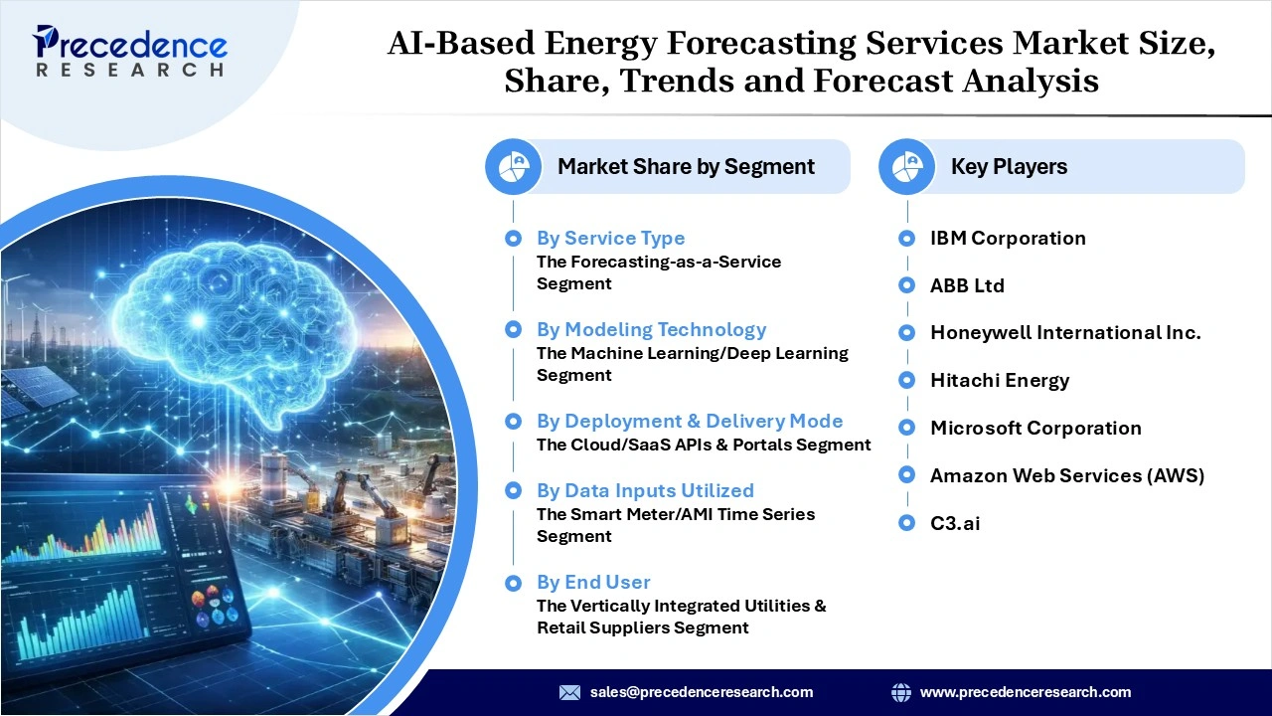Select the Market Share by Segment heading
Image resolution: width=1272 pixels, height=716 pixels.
tap(686, 167)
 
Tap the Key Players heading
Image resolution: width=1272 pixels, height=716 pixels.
tap(1009, 167)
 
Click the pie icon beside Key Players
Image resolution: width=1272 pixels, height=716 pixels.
tap(906, 167)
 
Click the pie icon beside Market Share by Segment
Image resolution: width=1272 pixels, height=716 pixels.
tap(513, 167)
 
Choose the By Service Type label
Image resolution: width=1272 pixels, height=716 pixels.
tap(610, 238)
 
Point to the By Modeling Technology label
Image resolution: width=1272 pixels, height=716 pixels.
tap(651, 329)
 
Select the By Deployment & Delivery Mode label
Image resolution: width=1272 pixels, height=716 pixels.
tap(689, 421)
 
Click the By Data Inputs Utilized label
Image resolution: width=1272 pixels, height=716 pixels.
tap(645, 490)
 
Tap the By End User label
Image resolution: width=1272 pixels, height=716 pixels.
tap(593, 582)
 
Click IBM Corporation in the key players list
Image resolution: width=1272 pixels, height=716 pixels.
tap(1008, 238)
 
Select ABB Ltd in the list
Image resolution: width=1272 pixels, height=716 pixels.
tap(967, 285)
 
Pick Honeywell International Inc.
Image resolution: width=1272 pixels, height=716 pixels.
tap(1065, 333)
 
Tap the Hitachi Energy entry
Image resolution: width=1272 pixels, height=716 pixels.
tap(1000, 380)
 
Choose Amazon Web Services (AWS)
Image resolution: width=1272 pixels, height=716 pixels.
tap(1067, 475)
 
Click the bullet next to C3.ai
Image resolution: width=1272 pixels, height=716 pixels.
tap(906, 523)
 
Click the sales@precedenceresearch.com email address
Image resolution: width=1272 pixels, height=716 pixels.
tap(702, 692)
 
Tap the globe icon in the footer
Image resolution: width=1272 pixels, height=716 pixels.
tap(901, 692)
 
